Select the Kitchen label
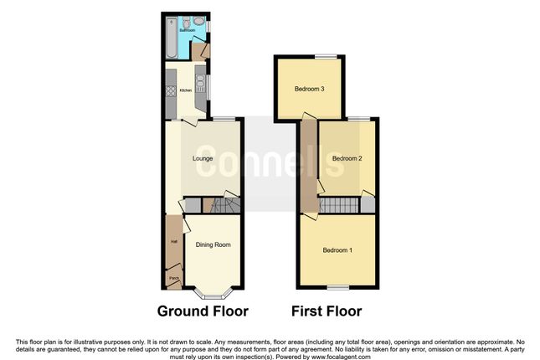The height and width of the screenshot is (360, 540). [x=186, y=91]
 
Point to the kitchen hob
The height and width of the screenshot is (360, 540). [x=171, y=90]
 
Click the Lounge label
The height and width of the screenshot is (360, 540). [x=202, y=159]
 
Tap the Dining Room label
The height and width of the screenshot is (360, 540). [x=213, y=244]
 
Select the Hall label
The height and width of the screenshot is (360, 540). [x=174, y=242]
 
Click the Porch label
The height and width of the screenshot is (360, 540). [x=174, y=278]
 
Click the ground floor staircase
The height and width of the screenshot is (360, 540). [x=224, y=204]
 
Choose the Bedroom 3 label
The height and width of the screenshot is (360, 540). [x=309, y=89]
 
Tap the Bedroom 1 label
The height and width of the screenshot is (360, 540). [x=339, y=249]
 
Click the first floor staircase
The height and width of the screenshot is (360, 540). [x=339, y=205]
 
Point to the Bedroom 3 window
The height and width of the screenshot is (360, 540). [x=327, y=56]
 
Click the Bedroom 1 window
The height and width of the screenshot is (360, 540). [x=338, y=287]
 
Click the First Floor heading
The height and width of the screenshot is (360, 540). [x=327, y=311]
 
